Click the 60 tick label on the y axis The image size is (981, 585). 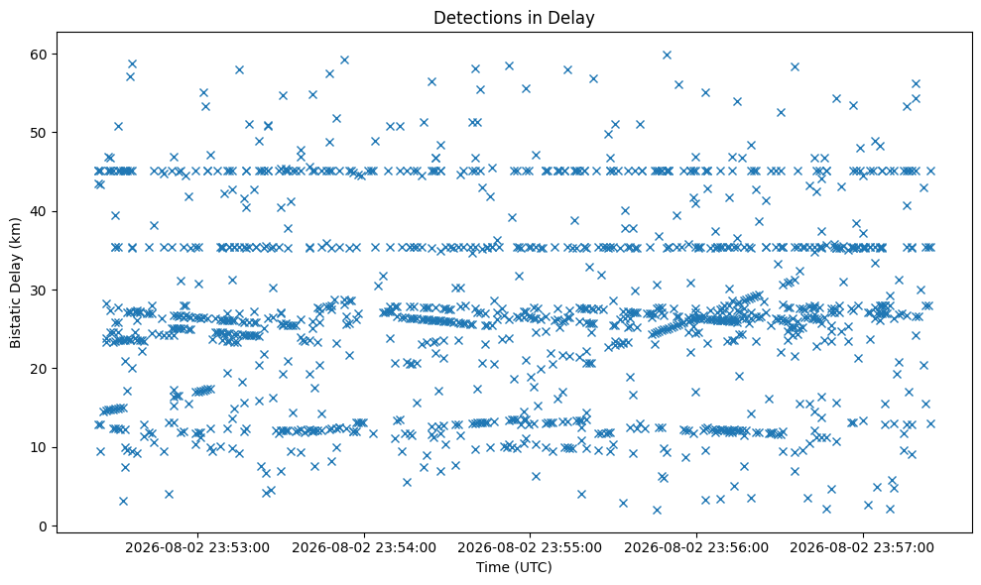click(x=39, y=55)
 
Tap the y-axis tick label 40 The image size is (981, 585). click(x=39, y=211)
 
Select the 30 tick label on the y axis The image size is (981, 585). click(x=39, y=291)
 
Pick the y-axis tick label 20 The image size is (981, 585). click(x=39, y=369)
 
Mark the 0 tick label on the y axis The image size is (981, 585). click(x=43, y=526)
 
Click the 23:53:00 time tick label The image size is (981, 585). click(x=197, y=548)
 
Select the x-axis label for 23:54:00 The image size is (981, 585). click(x=364, y=548)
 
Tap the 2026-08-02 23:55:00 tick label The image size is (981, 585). click(x=530, y=548)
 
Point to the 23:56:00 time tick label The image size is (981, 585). click(x=696, y=548)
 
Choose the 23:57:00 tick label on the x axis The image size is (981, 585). click(x=863, y=548)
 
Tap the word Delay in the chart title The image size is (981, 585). click(x=577, y=19)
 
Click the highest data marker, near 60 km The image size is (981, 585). click(x=667, y=56)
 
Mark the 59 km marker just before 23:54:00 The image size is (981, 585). click(x=344, y=60)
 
